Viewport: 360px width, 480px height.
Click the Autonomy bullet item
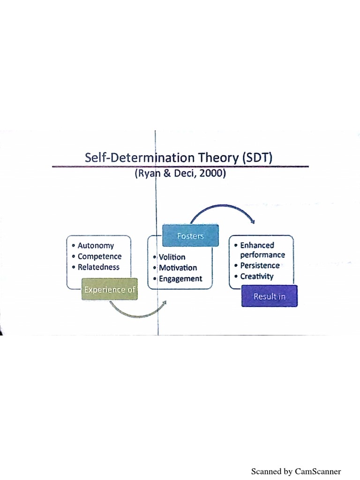[96, 246]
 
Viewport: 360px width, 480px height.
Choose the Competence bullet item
[99, 256]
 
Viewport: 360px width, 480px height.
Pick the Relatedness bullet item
[98, 267]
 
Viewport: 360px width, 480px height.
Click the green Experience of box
[110, 290]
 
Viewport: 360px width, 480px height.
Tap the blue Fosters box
[190, 236]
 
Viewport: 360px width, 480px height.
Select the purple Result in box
[269, 296]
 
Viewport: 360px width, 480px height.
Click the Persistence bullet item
[260, 265]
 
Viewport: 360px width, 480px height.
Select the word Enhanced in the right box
[257, 245]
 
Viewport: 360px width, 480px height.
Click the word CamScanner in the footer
[318, 471]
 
